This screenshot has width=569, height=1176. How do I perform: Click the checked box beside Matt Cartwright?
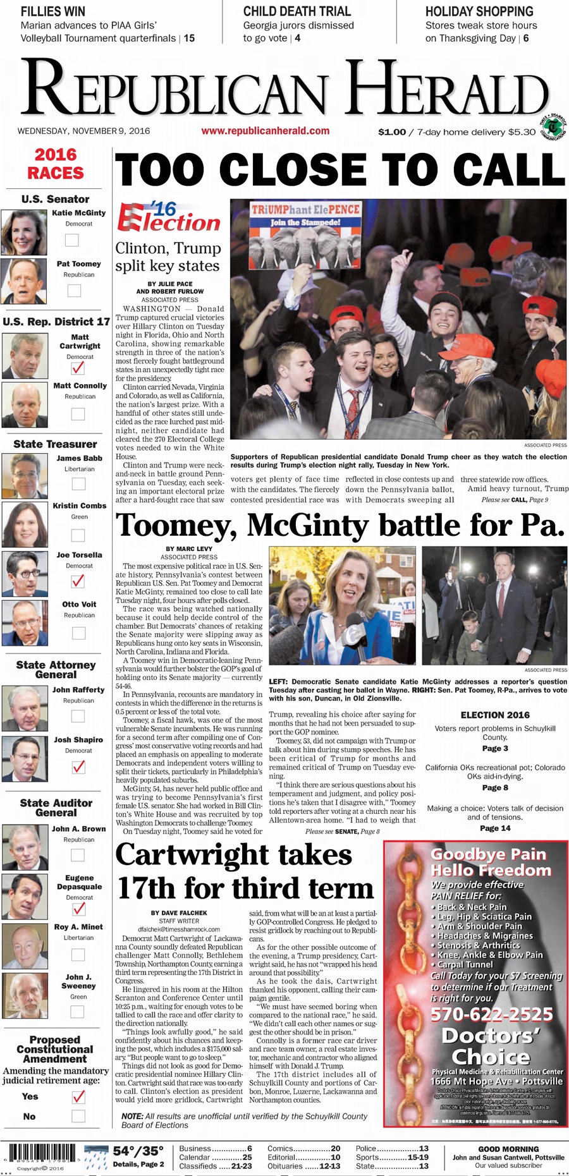tap(78, 367)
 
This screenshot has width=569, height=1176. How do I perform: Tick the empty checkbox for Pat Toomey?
tap(74, 290)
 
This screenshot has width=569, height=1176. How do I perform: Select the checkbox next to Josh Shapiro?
tap(78, 767)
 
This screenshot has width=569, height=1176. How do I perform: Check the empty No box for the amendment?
tap(78, 1116)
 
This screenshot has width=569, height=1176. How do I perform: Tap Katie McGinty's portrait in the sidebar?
tap(24, 232)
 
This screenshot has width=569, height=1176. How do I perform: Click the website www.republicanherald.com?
tap(265, 131)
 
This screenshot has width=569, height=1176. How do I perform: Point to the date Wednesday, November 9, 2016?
tap(83, 131)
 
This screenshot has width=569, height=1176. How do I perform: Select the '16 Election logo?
tap(169, 217)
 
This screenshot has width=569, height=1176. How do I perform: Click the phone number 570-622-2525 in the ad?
tap(491, 1014)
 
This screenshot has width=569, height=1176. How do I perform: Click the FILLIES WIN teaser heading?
tap(53, 11)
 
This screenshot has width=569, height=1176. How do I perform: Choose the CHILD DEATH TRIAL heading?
tap(297, 11)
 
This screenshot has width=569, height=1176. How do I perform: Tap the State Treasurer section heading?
tap(55, 444)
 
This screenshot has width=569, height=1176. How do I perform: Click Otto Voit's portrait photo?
tap(25, 622)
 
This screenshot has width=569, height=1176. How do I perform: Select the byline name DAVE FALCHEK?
tap(187, 912)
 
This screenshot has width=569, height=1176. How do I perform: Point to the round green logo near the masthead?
tap(554, 127)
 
